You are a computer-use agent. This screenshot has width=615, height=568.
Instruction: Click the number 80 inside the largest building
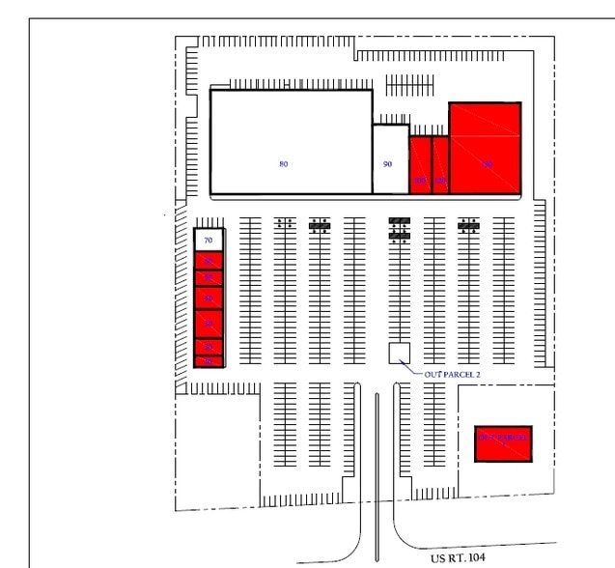[283, 164]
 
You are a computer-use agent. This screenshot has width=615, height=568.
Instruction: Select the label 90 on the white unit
[387, 164]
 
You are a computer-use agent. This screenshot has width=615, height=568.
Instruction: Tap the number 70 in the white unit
[208, 237]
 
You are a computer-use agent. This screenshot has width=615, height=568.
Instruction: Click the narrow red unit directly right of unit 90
[420, 166]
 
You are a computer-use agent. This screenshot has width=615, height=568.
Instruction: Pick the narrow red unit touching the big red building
[440, 166]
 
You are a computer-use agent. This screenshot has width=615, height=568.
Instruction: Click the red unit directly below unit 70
[209, 260]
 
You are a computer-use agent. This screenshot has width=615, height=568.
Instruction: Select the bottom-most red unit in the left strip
[209, 361]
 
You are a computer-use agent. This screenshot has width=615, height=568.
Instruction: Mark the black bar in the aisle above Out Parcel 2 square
[399, 229]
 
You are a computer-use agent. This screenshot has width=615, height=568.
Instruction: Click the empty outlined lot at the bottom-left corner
[217, 449]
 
